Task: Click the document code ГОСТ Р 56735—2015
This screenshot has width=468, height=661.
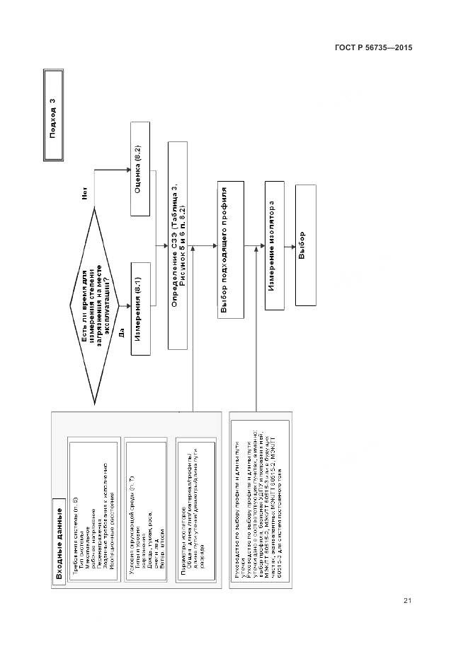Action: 373,47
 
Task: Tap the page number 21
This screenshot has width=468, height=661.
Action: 407,601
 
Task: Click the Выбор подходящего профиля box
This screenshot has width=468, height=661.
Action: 227,251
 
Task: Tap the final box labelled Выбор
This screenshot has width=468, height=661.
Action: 304,245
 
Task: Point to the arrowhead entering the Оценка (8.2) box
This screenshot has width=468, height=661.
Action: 130,169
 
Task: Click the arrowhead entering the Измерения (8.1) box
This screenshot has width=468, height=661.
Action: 130,305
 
